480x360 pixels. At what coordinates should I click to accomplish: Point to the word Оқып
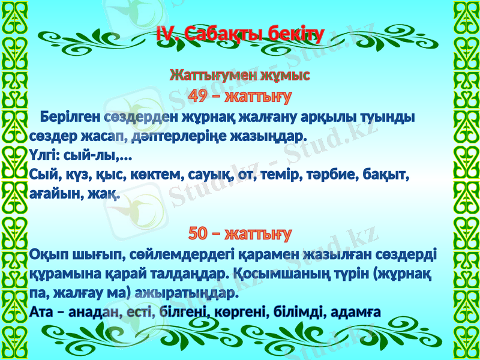point(47,254)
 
